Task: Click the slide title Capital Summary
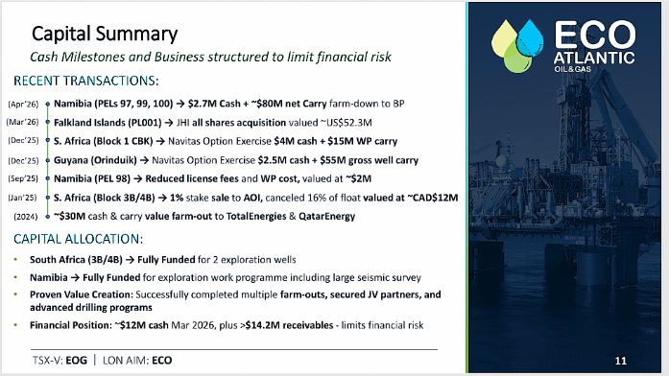105,35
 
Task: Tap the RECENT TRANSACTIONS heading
86,81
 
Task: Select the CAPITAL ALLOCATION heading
78,239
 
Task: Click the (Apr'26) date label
23,104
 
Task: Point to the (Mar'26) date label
23,123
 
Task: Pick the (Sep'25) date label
23,178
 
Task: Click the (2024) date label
26,217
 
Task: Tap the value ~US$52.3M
346,123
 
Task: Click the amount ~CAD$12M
432,198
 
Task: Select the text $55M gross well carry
370,160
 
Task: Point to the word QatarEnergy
326,217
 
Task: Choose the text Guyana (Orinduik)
95,160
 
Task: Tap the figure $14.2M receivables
289,325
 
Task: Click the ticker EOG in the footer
77,361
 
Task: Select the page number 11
621,361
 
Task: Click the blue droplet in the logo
530,38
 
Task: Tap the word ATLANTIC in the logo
594,58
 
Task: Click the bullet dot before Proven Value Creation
15,294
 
